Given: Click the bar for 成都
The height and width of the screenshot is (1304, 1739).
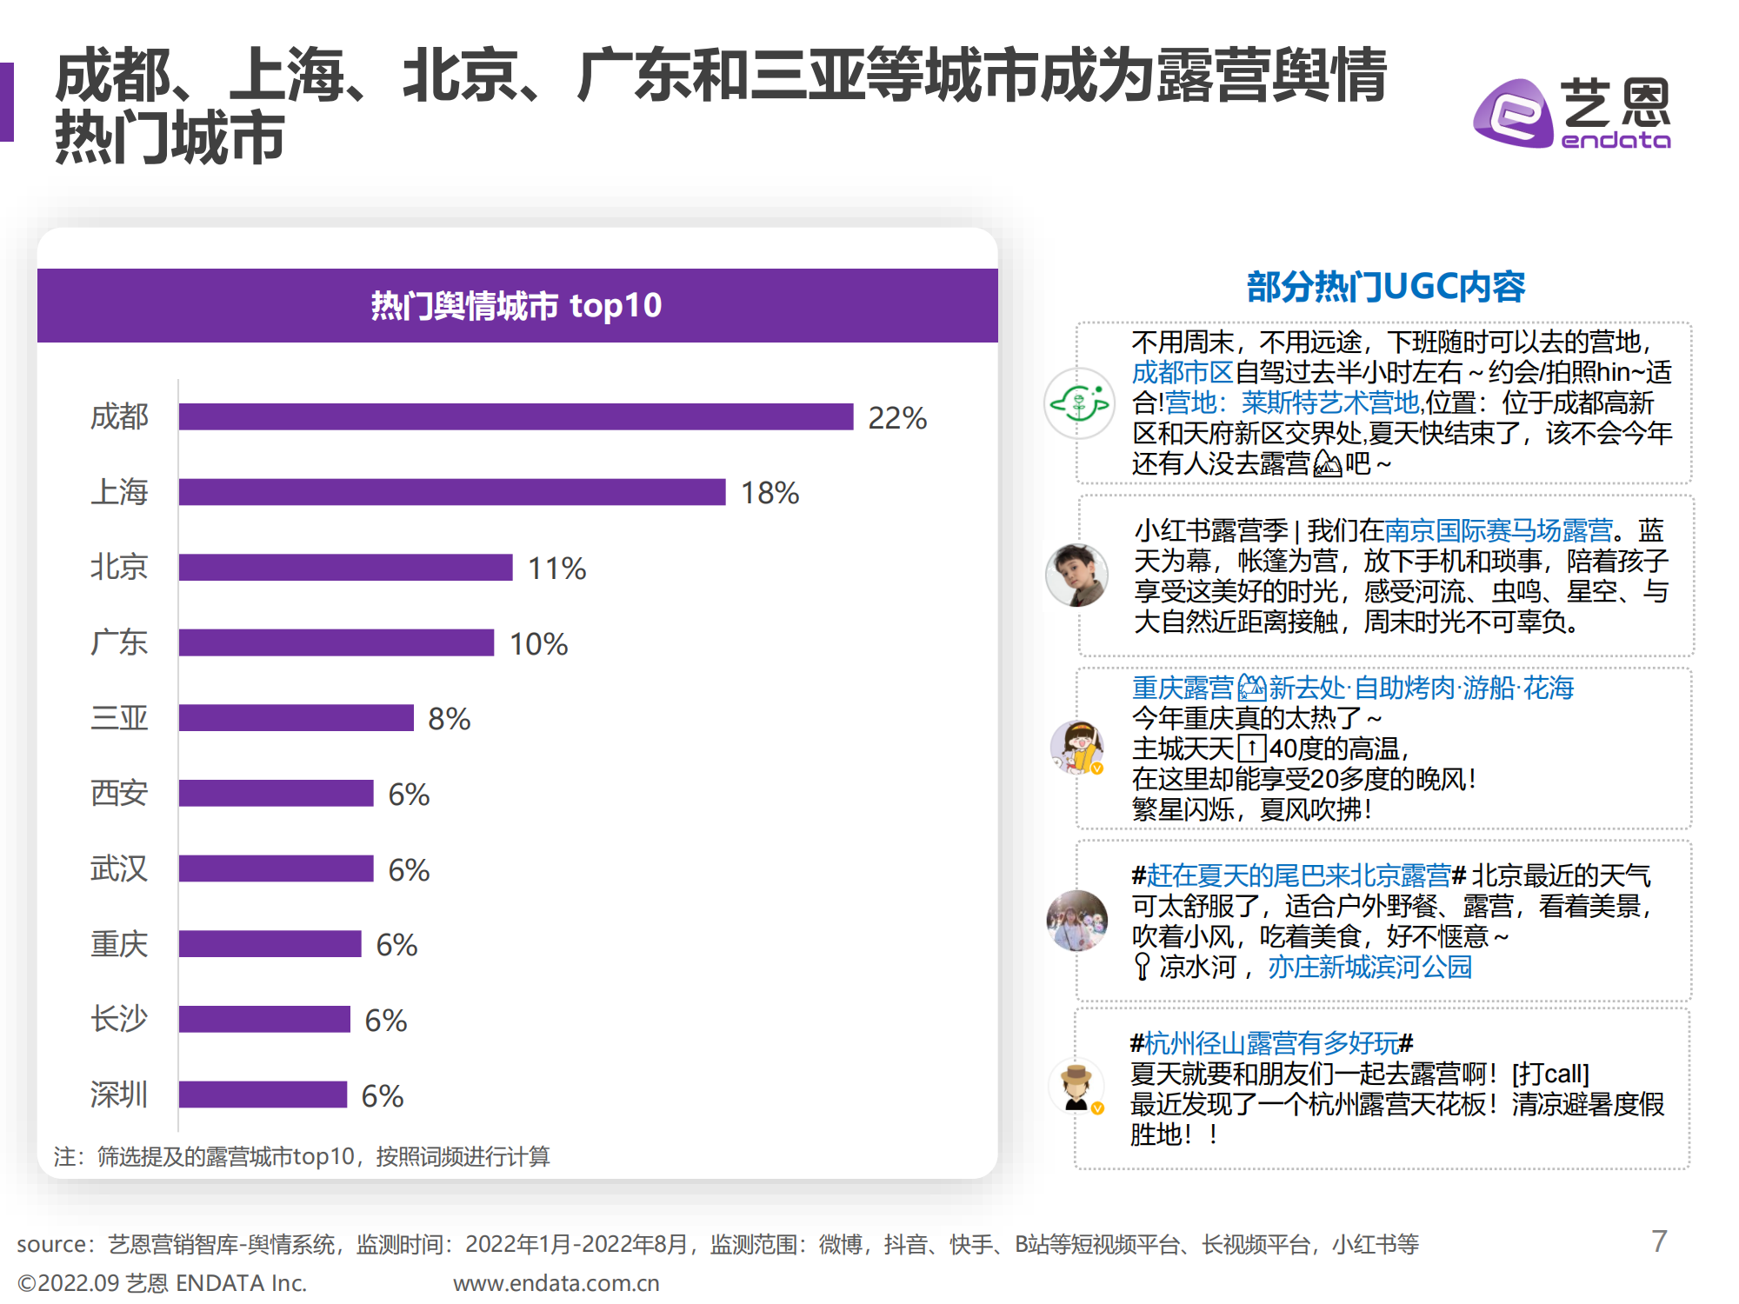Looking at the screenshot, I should [x=516, y=416].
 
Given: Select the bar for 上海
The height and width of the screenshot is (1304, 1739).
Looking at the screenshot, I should [x=452, y=492].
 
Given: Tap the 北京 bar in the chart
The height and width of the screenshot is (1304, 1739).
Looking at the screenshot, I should [x=345, y=568].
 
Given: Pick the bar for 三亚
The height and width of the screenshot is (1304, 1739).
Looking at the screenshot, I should [x=296, y=718].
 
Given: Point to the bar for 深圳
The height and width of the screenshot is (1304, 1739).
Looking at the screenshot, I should [x=263, y=1094].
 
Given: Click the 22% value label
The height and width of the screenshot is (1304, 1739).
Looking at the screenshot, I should [x=897, y=418].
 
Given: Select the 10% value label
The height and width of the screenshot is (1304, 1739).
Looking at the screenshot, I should [x=538, y=644].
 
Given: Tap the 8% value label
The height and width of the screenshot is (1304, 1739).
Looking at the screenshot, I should [x=449, y=720].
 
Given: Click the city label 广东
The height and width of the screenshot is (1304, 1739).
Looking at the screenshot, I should [x=119, y=643].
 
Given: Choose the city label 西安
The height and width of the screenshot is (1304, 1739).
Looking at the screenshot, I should [x=119, y=794].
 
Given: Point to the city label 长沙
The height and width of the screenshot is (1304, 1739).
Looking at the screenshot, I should [x=119, y=1019].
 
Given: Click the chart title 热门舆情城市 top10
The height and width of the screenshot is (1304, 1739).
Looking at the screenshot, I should [x=516, y=306].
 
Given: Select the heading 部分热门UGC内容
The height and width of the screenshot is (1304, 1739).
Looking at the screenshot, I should [x=1385, y=287].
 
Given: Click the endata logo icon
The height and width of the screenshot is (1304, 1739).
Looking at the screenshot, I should [x=1513, y=114].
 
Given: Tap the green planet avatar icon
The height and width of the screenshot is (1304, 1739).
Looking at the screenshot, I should [x=1079, y=403].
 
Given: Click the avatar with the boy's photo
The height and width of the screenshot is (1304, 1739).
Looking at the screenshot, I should [x=1076, y=575].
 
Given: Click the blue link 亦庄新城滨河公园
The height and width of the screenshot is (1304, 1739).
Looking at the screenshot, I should [x=1369, y=967].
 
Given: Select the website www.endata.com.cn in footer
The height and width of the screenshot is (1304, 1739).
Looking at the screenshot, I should [x=556, y=1283].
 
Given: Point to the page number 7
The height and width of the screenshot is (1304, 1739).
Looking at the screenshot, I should [x=1659, y=1241].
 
